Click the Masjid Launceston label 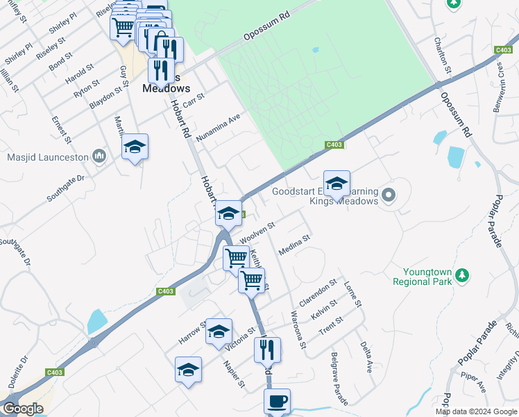[x=48, y=156]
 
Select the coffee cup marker [x=277, y=401]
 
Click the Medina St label [x=293, y=245]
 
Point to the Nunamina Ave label [x=221, y=128]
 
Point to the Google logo [x=23, y=409]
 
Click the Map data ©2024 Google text [x=476, y=411]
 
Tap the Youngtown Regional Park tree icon [x=461, y=277]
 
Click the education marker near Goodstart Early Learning [x=337, y=184]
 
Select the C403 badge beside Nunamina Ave [x=334, y=145]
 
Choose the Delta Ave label [x=367, y=357]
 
